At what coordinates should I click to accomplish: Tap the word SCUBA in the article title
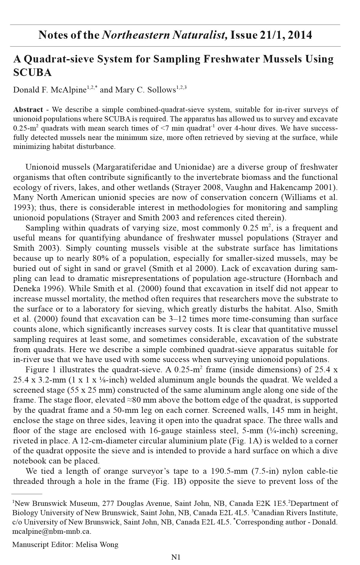pyautogui.click(x=32, y=72)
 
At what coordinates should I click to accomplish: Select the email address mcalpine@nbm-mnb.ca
pyautogui.click(x=52, y=532)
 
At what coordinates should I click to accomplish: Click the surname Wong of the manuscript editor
pyautogui.click(x=110, y=544)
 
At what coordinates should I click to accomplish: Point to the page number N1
pyautogui.click(x=176, y=557)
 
